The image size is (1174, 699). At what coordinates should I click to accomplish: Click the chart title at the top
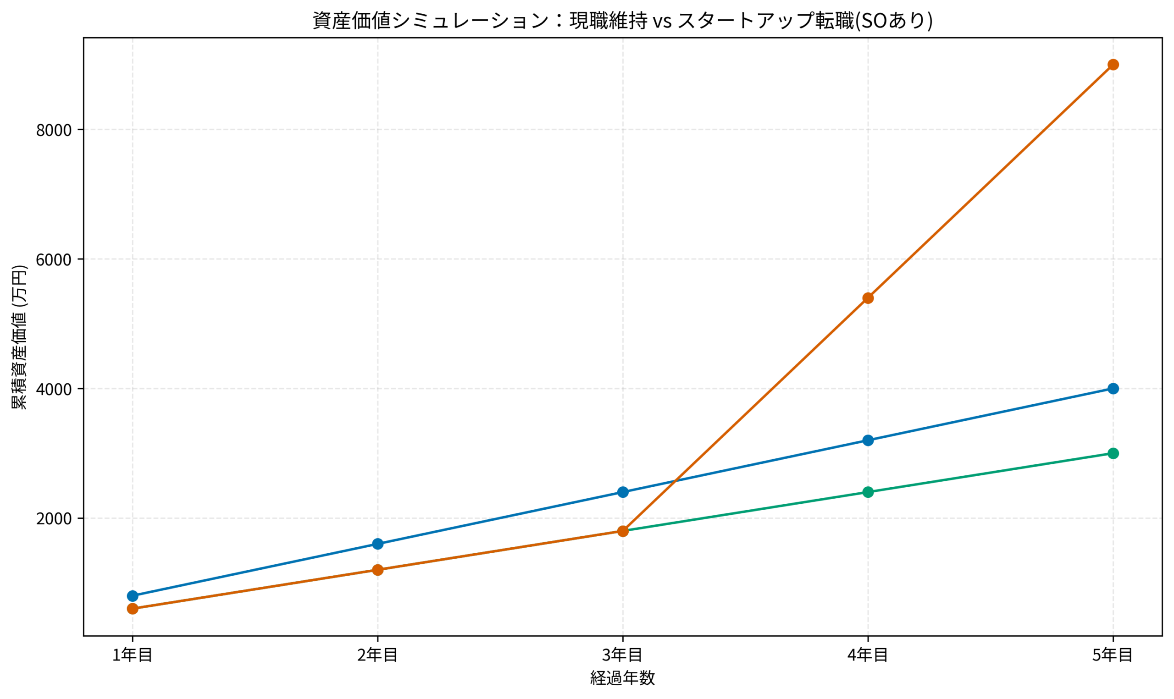[x=622, y=21]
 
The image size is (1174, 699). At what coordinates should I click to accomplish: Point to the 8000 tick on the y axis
[x=54, y=130]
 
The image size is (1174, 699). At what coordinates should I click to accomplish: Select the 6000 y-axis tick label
[x=54, y=259]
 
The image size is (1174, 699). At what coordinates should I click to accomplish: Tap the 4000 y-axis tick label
[x=54, y=389]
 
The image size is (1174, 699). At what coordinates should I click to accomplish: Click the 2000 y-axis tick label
[x=54, y=518]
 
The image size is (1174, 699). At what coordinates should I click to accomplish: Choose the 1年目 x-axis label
[x=133, y=655]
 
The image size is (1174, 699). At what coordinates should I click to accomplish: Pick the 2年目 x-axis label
[x=377, y=655]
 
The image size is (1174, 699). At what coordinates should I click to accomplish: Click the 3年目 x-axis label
[x=623, y=655]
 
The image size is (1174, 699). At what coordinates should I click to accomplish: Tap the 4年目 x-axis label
[x=868, y=655]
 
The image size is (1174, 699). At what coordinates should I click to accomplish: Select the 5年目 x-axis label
[x=1113, y=655]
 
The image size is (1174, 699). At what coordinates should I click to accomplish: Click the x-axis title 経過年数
[x=622, y=678]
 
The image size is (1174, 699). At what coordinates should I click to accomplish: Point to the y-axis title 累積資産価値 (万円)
[x=19, y=337]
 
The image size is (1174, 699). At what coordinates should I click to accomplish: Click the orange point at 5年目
[x=1113, y=65]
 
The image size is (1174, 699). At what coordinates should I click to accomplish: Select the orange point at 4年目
[x=868, y=298]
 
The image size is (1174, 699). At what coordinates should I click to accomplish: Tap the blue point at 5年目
[x=1113, y=389]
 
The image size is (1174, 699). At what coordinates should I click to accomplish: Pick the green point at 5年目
[x=1113, y=454]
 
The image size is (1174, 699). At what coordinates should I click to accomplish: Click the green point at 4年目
[x=868, y=492]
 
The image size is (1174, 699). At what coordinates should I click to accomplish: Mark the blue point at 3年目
[x=623, y=492]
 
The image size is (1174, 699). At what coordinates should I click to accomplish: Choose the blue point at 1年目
[x=133, y=596]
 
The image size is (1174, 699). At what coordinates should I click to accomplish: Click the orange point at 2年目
[x=377, y=570]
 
